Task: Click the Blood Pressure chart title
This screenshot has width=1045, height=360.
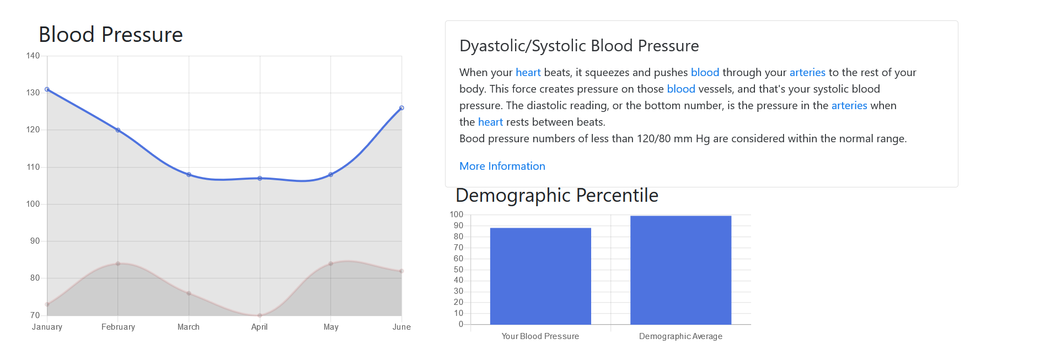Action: coord(110,35)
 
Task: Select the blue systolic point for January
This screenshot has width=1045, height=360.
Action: coord(47,89)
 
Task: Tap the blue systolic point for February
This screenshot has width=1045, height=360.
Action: coord(118,130)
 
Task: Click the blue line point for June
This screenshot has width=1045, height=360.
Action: coord(401,108)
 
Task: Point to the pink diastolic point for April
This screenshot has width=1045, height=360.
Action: coord(260,315)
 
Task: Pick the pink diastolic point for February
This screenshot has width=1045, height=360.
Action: coord(118,264)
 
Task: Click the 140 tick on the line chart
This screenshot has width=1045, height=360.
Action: coord(33,56)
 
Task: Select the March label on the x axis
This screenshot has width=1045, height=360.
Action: coord(189,327)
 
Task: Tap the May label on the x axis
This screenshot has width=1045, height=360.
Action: coord(331,327)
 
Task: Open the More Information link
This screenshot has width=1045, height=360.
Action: coord(502,166)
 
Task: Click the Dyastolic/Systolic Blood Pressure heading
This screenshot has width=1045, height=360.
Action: coord(579,46)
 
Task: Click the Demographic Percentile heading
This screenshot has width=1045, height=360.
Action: coord(557,195)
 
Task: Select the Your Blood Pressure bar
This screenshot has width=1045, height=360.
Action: coord(540,276)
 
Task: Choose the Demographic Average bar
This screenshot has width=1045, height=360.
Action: coord(680,270)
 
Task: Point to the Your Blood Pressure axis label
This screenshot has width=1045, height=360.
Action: coord(540,336)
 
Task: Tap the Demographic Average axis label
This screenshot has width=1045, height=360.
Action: coord(680,336)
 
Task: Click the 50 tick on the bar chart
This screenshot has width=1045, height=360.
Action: coord(458,270)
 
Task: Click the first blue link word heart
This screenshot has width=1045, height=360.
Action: coord(528,72)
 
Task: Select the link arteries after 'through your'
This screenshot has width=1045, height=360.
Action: coord(807,72)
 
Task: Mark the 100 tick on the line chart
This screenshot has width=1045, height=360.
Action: coord(33,204)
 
